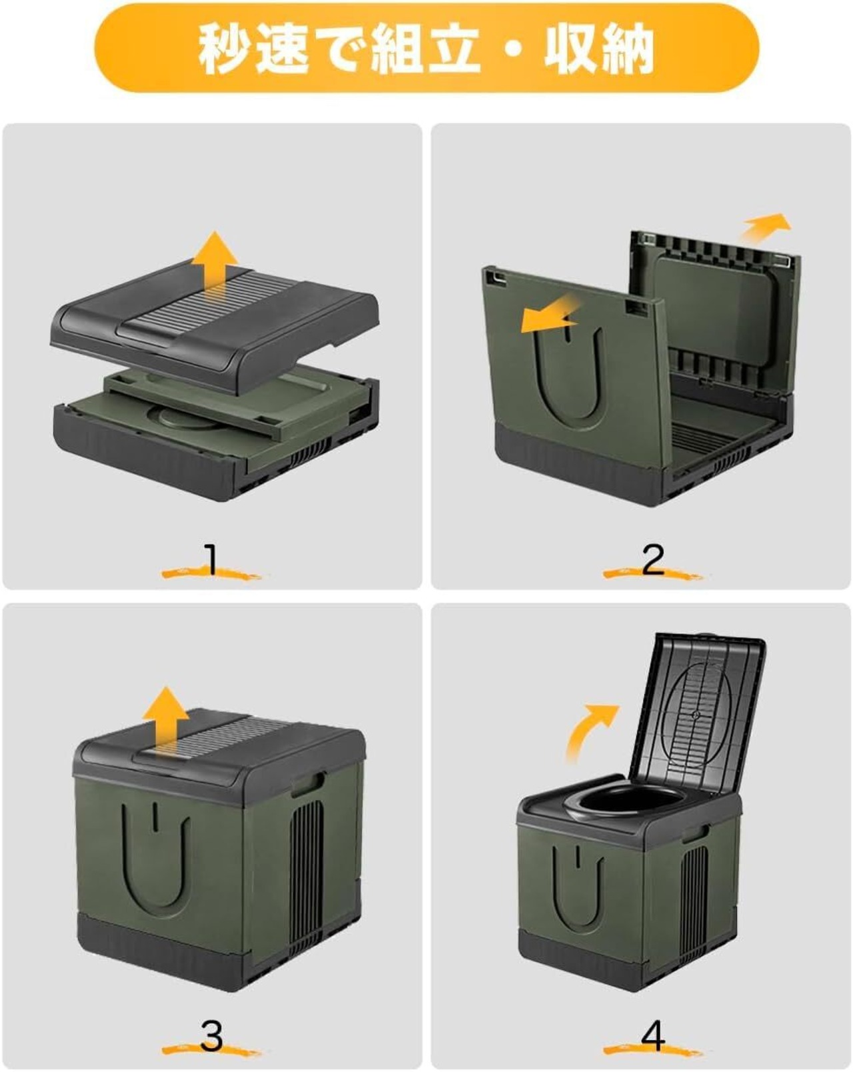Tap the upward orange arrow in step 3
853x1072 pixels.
(x=165, y=718)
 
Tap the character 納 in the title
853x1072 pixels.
(x=626, y=48)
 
